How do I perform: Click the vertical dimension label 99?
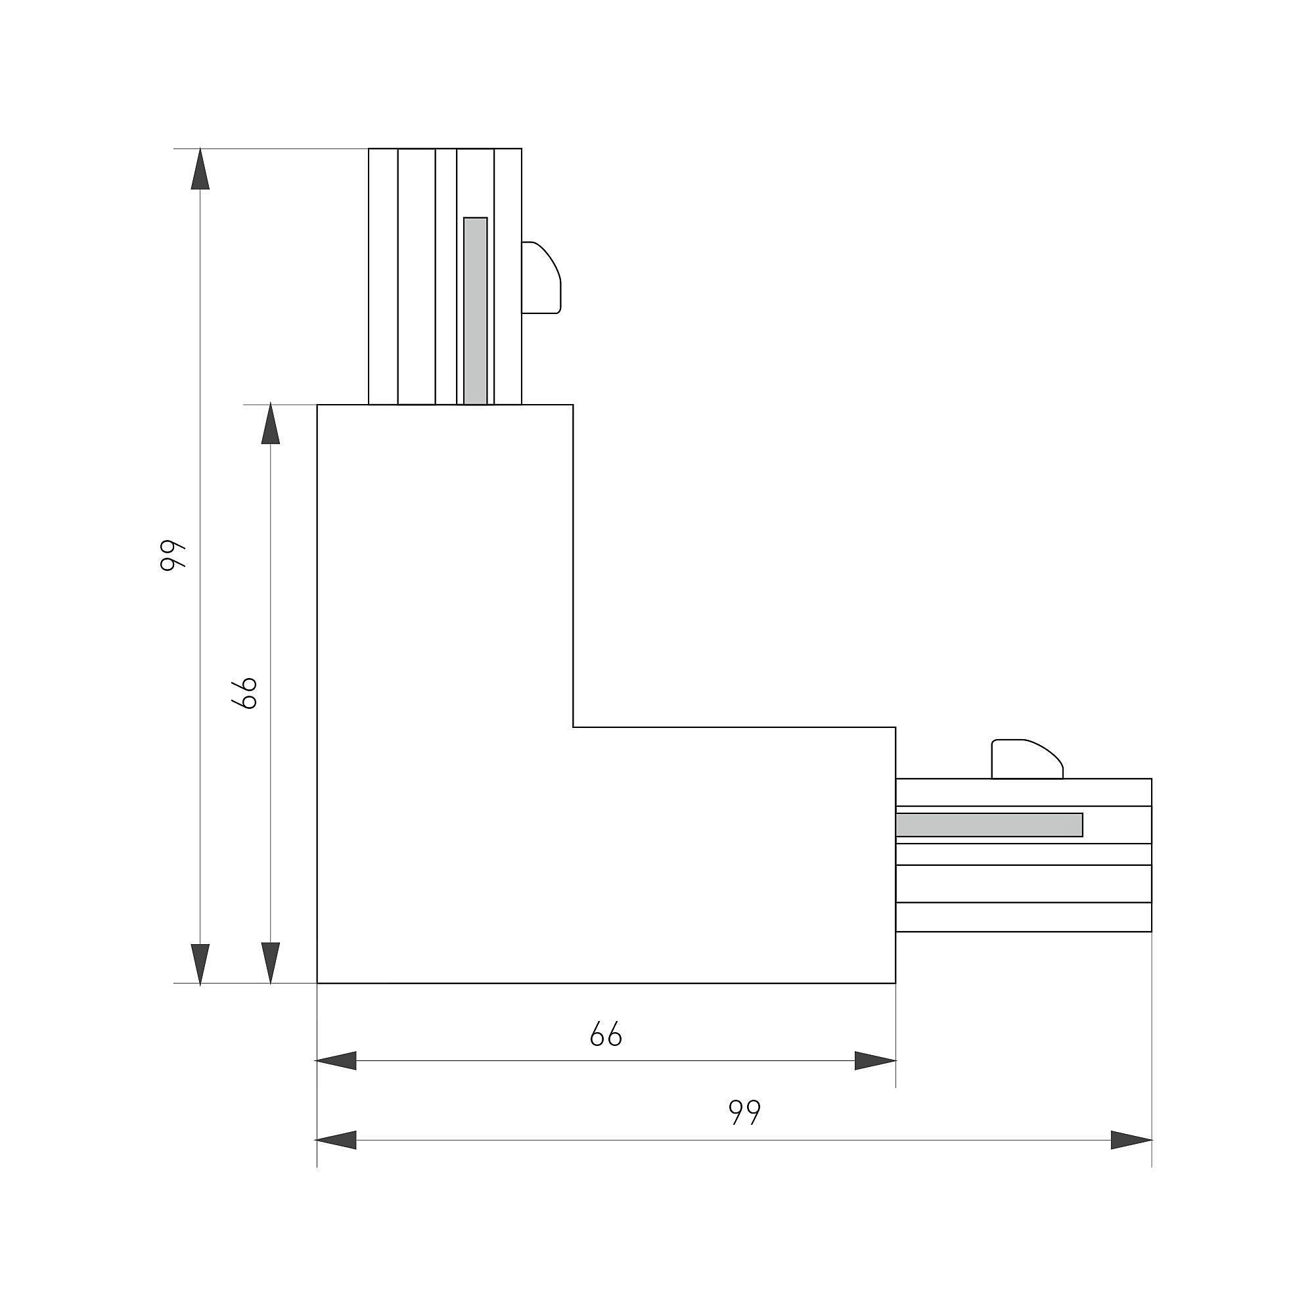coord(173,556)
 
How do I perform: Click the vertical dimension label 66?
coord(244,693)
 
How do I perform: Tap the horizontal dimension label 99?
coord(745,1112)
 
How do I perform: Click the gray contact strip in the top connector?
coord(476,311)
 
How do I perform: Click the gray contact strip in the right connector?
coord(989,825)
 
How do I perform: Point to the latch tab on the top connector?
coord(541,277)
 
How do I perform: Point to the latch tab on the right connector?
coord(1027,758)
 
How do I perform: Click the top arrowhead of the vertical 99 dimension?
coord(200,169)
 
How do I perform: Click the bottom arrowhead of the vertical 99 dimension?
coord(200,963)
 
